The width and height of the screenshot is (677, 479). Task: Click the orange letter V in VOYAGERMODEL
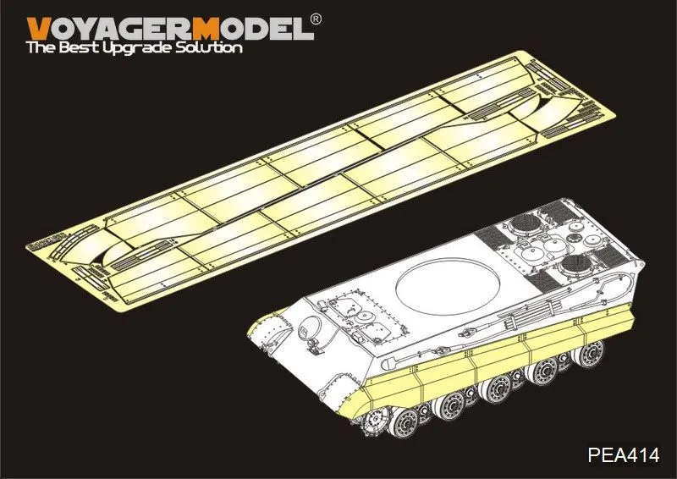coord(38,29)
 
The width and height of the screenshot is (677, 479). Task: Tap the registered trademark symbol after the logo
coord(316,19)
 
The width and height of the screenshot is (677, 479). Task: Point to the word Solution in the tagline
coord(208,47)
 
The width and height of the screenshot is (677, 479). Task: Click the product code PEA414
coord(624,455)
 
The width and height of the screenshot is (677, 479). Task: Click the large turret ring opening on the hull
coord(448,285)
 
